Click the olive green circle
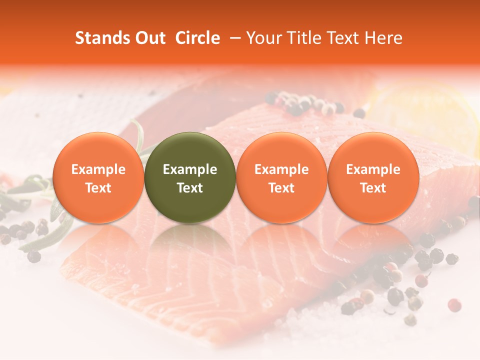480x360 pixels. [190, 177]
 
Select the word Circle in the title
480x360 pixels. [197, 38]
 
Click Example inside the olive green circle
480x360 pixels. [190, 169]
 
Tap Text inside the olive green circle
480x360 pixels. [190, 188]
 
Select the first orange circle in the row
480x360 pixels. [98, 177]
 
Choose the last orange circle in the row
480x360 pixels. [373, 177]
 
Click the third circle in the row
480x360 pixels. [281, 177]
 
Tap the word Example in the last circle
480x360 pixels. [373, 169]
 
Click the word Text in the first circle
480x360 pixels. [98, 188]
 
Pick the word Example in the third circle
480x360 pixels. [281, 169]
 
